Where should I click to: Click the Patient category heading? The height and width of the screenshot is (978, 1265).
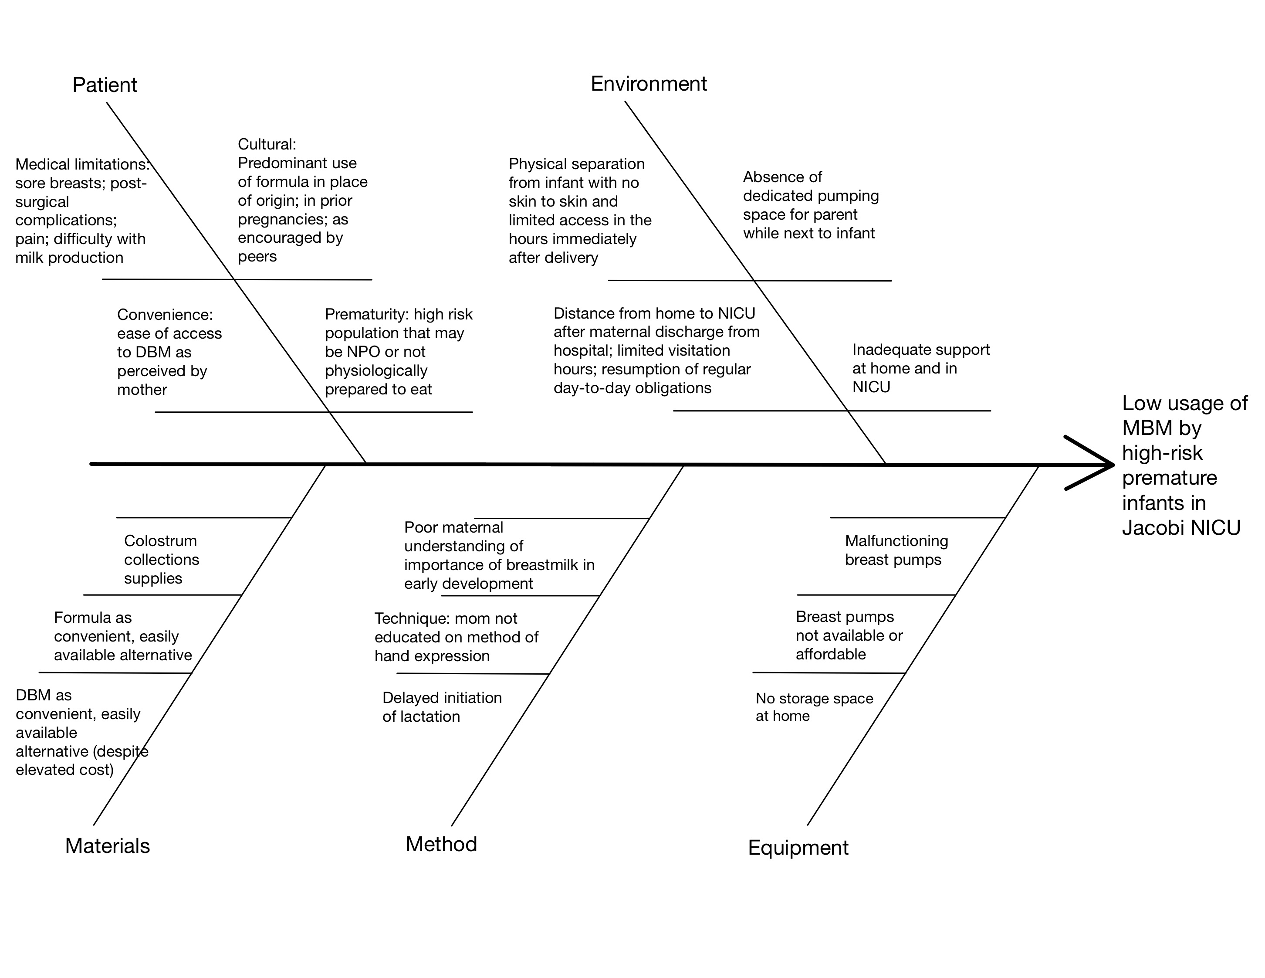[105, 85]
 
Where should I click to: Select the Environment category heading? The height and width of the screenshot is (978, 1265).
[649, 84]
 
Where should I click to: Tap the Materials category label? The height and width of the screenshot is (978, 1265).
[107, 846]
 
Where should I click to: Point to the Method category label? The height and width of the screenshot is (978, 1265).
[441, 844]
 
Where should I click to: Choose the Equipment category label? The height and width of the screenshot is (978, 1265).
[798, 848]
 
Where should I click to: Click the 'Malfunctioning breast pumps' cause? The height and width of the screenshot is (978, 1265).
[896, 550]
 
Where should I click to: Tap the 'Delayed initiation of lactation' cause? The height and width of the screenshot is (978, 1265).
[442, 707]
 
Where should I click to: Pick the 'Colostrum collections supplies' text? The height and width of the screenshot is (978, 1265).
[162, 560]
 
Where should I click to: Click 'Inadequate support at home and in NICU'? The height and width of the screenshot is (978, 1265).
[921, 368]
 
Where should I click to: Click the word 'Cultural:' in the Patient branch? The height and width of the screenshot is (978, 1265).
[267, 144]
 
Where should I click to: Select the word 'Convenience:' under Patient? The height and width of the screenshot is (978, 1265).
[165, 315]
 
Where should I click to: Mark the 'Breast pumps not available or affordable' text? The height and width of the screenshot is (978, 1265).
[849, 635]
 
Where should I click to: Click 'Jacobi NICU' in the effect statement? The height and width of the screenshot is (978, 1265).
[1181, 528]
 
